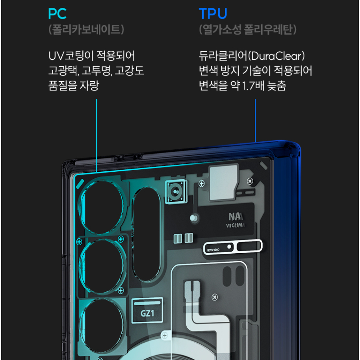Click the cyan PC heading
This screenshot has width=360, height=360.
[x=57, y=14]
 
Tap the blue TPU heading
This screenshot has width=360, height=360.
[x=213, y=14]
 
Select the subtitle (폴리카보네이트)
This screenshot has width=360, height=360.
[x=87, y=30]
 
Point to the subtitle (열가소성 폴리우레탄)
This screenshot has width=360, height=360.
[x=248, y=30]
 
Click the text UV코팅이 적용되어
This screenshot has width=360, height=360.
[x=92, y=56]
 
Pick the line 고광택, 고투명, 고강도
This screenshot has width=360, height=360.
[x=96, y=71]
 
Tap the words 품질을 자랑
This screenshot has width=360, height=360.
[x=74, y=85]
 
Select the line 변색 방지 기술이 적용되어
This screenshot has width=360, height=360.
[x=256, y=71]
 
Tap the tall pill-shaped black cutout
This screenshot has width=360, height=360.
[x=146, y=234]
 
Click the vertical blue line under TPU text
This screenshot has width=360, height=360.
[x=255, y=120]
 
